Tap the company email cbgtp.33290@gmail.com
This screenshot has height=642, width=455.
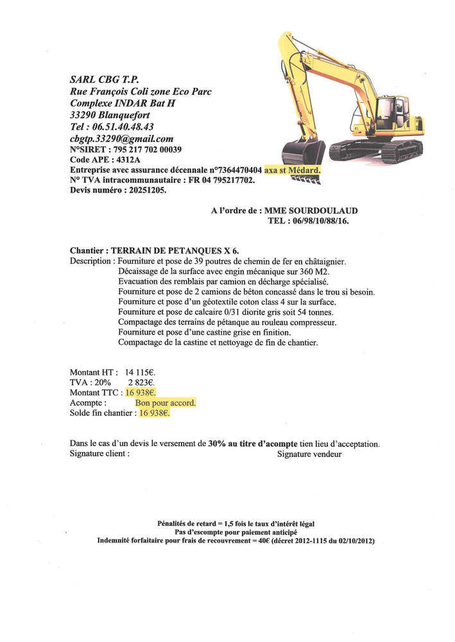pyautogui.click(x=122, y=138)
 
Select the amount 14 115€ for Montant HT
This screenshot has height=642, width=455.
pyautogui.click(x=141, y=372)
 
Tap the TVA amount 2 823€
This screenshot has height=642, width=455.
pyautogui.click(x=142, y=382)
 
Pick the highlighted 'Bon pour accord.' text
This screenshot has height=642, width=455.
pyautogui.click(x=166, y=403)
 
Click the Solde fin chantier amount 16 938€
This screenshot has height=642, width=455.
pyautogui.click(x=155, y=413)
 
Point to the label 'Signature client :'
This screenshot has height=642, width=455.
pyautogui.click(x=99, y=454)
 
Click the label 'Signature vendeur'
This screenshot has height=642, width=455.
pyautogui.click(x=309, y=454)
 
